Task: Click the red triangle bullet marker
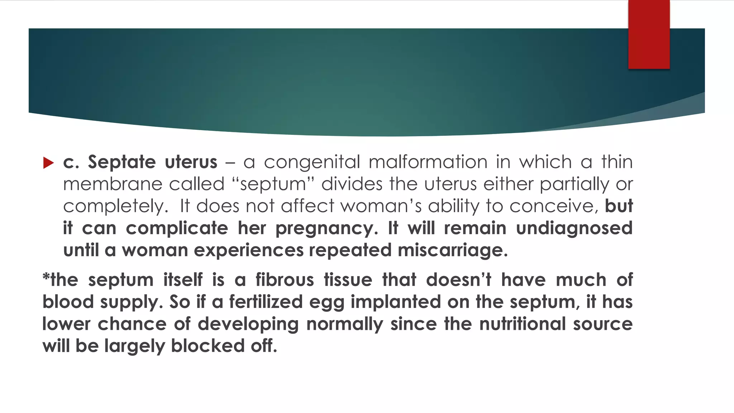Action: click(48, 163)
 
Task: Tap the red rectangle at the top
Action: click(649, 34)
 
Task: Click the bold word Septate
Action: click(122, 162)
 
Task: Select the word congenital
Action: click(312, 162)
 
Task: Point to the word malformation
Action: click(428, 162)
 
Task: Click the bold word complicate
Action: click(177, 228)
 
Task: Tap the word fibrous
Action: click(285, 280)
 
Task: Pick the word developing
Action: click(248, 324)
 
